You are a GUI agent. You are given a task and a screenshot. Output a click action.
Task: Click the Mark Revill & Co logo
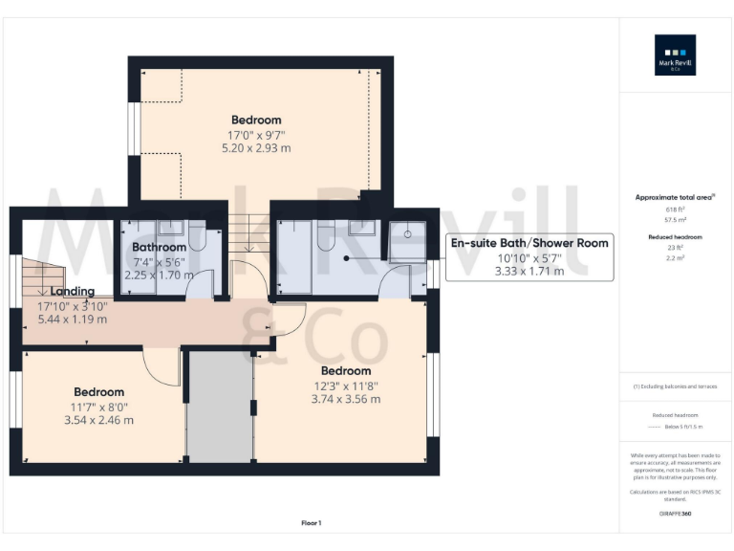point(675,55)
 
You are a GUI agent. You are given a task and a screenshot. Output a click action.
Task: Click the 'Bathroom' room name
point(159,247)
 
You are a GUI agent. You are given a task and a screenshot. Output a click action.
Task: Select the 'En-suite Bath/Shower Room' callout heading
point(529,243)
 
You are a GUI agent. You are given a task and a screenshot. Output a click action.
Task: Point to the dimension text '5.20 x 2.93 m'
point(256,148)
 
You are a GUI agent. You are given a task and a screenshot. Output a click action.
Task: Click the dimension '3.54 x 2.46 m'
point(99,420)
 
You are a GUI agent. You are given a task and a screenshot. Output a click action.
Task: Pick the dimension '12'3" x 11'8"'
point(345,386)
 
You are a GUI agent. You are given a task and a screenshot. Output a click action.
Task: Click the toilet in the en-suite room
point(326,237)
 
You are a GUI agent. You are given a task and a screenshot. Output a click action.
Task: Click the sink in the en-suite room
point(362,227)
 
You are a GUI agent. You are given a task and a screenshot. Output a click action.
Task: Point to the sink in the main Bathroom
point(172,227)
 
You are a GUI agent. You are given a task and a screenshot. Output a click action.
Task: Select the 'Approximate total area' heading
point(675,197)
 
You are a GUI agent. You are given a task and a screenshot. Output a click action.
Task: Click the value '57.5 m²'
point(675,219)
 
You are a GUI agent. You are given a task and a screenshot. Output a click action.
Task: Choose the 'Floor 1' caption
point(312,523)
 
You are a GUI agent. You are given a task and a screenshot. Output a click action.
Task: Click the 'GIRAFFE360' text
point(675,515)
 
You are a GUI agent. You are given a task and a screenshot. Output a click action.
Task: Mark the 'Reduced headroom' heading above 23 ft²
point(675,237)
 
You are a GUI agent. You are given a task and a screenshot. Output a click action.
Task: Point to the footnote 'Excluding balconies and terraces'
point(676,386)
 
